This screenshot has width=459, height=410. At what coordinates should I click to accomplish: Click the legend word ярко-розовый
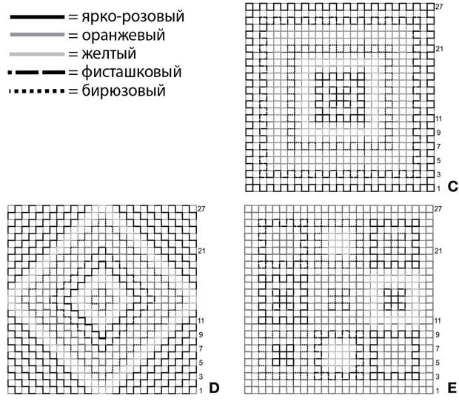[133, 17]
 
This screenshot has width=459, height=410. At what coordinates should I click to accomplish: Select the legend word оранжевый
[123, 35]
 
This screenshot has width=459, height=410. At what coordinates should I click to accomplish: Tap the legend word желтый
[109, 53]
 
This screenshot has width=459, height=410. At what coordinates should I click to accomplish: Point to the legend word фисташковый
[132, 72]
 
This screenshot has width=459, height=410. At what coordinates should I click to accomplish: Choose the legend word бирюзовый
[124, 90]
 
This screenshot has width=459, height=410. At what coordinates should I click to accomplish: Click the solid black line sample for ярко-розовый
[37, 17]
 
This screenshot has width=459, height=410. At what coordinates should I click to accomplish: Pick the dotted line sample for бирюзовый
[37, 91]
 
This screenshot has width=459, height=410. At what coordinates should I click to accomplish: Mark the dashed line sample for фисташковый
[37, 73]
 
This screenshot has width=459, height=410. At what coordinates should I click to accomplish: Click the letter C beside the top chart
[453, 187]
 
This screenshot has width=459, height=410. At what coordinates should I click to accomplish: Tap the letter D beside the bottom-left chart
[214, 388]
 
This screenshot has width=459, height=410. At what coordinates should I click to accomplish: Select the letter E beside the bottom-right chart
[452, 388]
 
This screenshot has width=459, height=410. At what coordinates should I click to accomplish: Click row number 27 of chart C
[439, 7]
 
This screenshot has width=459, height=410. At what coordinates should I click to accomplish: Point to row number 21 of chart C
[439, 49]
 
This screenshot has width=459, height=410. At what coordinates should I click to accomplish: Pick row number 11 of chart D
[201, 320]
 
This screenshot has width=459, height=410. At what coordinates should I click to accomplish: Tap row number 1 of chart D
[201, 391]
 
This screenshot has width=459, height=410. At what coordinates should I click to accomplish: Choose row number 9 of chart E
[438, 334]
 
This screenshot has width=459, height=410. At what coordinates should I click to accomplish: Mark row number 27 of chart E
[438, 209]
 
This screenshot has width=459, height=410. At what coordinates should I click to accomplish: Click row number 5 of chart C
[439, 161]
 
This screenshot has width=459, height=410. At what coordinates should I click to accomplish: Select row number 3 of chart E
[438, 377]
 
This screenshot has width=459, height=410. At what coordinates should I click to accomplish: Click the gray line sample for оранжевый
[37, 35]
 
